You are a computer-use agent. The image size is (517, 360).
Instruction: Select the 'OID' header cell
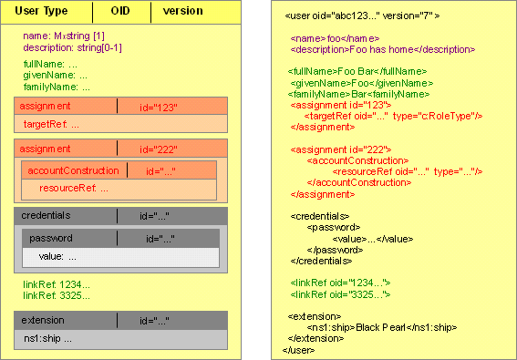coord(120,11)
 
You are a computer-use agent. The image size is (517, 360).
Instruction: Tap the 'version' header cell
coord(183,11)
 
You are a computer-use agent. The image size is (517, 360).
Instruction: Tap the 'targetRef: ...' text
coord(53,123)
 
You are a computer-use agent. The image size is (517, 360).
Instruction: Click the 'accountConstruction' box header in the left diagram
coord(73,170)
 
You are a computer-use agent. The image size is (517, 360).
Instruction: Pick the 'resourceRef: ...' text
coord(74,188)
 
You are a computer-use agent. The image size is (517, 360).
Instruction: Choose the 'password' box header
coord(51,239)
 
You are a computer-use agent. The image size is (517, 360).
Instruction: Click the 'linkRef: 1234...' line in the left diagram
coord(57,284)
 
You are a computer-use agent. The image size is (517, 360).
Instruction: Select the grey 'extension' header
coord(44,321)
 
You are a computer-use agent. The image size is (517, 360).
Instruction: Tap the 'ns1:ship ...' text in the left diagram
coord(48,338)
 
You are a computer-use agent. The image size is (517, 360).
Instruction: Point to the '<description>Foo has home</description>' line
coord(382,49)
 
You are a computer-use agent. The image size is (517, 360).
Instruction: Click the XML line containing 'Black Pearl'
coord(382,327)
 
